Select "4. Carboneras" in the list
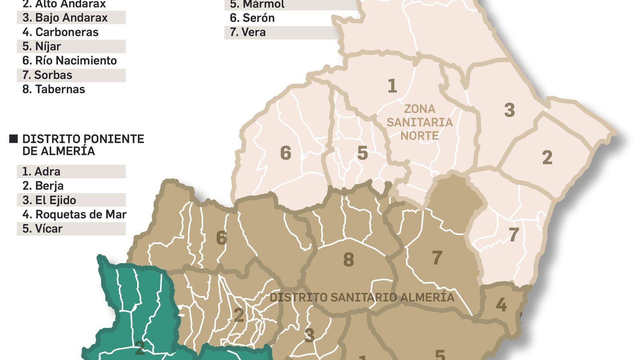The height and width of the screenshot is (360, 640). [60, 32]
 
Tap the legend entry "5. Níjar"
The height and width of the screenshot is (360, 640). [42, 46]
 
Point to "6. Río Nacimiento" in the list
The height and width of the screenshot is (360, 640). [70, 60]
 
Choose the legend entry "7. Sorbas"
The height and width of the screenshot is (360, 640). [47, 75]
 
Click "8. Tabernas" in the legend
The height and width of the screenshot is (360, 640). [54, 89]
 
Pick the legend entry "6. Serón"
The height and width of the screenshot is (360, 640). [252, 18]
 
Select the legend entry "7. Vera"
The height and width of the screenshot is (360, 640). [248, 32]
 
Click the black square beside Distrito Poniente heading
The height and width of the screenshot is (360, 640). [14, 139]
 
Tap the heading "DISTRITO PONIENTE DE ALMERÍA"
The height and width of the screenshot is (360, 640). [83, 145]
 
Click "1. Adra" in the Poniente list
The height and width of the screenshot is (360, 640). [41, 172]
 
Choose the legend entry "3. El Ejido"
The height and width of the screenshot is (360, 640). [49, 200]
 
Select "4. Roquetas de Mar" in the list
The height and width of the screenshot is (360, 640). [74, 214]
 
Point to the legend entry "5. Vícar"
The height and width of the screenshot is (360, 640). [42, 229]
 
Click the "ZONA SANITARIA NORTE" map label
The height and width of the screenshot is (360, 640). [419, 122]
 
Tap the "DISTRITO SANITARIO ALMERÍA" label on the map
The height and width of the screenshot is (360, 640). [362, 298]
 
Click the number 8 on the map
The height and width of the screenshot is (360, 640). [348, 260]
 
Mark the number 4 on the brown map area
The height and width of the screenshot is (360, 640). [501, 305]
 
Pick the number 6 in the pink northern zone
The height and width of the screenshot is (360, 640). [286, 153]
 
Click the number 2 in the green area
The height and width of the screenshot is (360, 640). [140, 348]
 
